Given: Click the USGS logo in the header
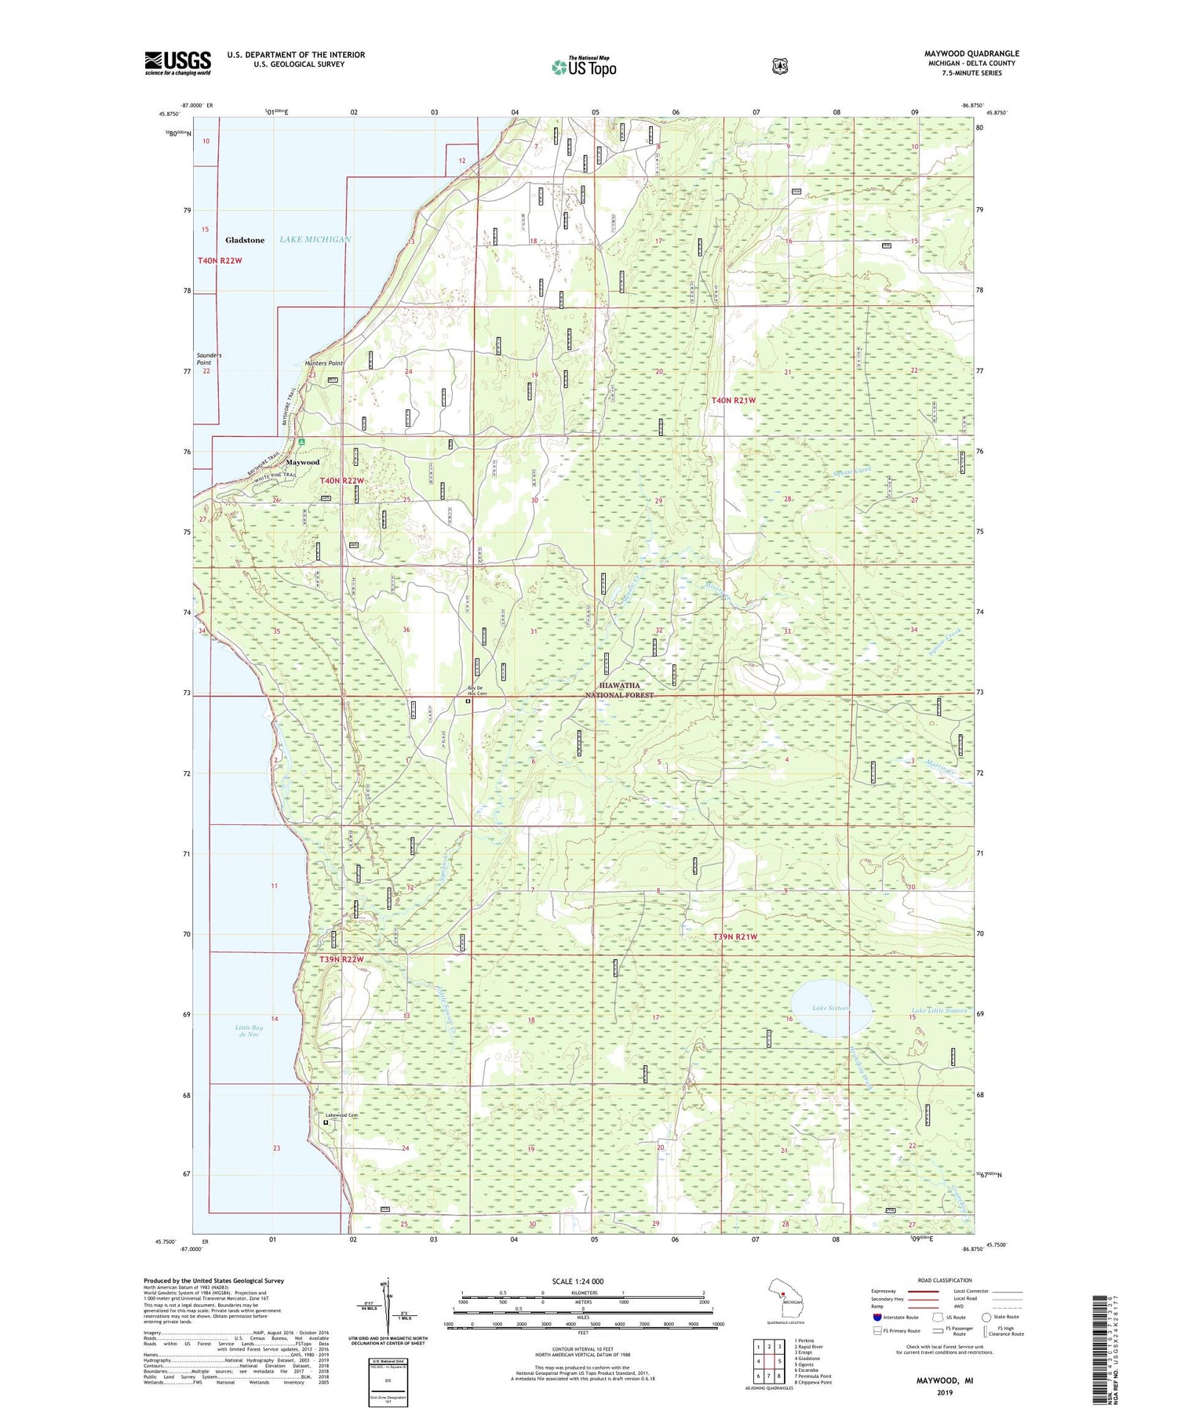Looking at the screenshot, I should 178,63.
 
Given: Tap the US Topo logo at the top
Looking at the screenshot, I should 584,67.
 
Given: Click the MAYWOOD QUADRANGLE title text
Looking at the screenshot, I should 971,53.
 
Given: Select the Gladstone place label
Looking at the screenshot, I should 245,240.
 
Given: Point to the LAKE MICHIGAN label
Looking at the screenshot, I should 315,239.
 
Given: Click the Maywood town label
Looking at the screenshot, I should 302,462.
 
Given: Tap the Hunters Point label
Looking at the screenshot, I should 324,363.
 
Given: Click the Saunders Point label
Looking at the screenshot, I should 209,358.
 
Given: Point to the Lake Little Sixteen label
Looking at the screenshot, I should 939,1010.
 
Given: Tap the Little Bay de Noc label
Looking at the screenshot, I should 249,1031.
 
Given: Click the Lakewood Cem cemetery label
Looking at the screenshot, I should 341,1115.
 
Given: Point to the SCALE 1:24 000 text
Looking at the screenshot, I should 578,1282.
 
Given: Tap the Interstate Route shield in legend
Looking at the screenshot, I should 876,1317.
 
